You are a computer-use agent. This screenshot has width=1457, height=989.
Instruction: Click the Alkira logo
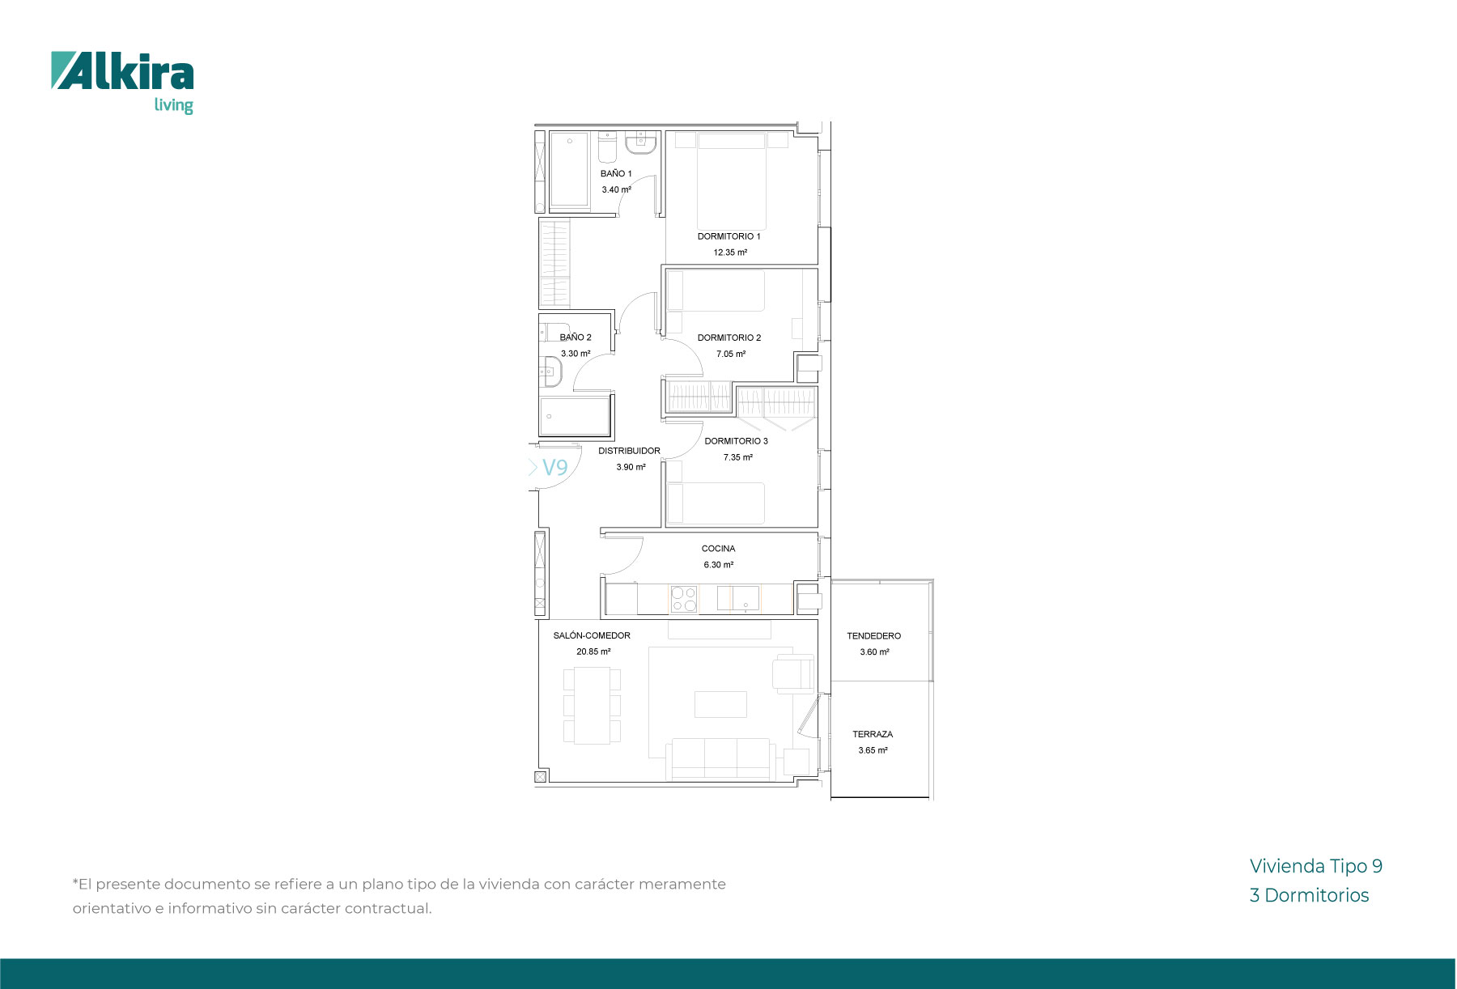(x=122, y=83)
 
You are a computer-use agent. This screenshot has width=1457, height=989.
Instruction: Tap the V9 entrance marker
(x=554, y=468)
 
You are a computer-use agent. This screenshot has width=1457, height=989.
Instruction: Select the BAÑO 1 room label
(x=616, y=173)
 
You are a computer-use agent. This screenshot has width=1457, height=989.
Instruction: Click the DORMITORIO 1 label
(x=729, y=236)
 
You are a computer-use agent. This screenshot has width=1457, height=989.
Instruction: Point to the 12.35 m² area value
(x=730, y=253)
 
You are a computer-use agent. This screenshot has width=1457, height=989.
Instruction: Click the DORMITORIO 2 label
(x=729, y=337)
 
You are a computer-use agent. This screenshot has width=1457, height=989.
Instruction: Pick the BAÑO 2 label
(x=576, y=337)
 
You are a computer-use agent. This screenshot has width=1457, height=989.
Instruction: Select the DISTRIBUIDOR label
(x=629, y=451)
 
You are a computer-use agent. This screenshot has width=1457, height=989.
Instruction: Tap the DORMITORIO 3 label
(x=736, y=441)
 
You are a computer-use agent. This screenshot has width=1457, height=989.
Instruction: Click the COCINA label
(x=718, y=549)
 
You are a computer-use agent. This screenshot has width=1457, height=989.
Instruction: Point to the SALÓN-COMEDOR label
(x=592, y=635)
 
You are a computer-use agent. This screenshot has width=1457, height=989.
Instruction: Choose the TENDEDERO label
(x=873, y=636)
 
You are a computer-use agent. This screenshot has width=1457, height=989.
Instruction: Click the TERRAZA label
(x=873, y=734)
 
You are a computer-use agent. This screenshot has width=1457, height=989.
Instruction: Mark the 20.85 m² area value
(x=593, y=652)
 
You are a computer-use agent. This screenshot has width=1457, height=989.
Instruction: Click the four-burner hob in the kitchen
(x=683, y=600)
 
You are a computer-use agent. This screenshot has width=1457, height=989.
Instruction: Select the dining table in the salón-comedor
(x=592, y=705)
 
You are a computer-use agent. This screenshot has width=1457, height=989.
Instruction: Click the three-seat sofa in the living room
(x=720, y=758)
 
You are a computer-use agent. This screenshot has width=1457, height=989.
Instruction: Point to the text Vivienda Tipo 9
(x=1316, y=866)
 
